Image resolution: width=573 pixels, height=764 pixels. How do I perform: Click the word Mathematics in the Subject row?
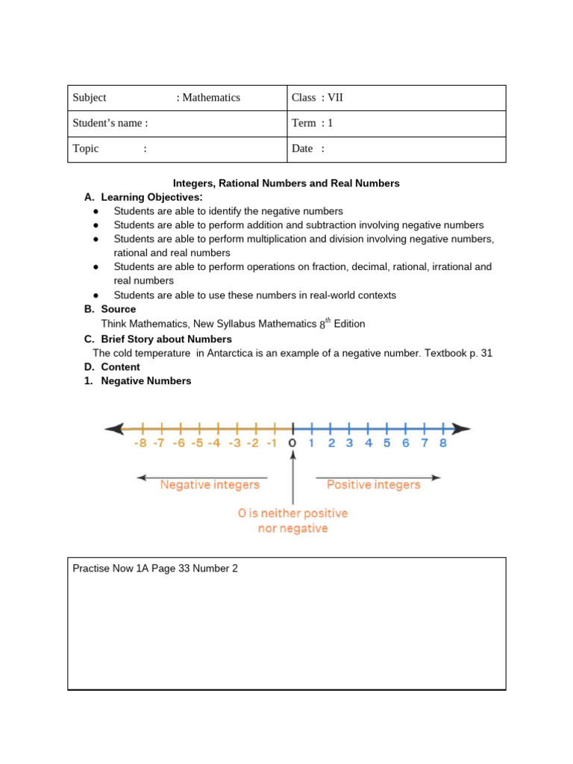pyautogui.click(x=211, y=98)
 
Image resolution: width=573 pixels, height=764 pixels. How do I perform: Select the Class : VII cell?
pyautogui.click(x=318, y=98)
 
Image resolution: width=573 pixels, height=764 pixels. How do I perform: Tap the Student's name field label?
pyautogui.click(x=110, y=123)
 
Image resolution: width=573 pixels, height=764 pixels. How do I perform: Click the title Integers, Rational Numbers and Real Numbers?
pyautogui.click(x=286, y=183)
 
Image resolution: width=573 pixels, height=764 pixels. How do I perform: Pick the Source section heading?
pyautogui.click(x=119, y=309)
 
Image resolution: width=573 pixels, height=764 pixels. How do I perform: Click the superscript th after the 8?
pyautogui.click(x=326, y=320)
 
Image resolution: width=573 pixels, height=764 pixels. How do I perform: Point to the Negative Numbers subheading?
pyautogui.click(x=146, y=381)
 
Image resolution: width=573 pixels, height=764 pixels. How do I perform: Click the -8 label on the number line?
pyautogui.click(x=140, y=443)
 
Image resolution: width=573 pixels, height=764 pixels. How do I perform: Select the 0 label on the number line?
pyautogui.click(x=292, y=443)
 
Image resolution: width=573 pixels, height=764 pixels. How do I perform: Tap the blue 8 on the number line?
pyautogui.click(x=442, y=443)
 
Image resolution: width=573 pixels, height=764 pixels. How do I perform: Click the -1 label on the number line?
pyautogui.click(x=272, y=443)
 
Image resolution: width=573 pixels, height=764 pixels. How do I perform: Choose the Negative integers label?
pyautogui.click(x=210, y=485)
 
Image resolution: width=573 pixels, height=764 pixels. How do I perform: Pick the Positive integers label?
pyautogui.click(x=374, y=485)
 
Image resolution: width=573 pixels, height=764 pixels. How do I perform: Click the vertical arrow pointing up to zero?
pyautogui.click(x=292, y=477)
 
